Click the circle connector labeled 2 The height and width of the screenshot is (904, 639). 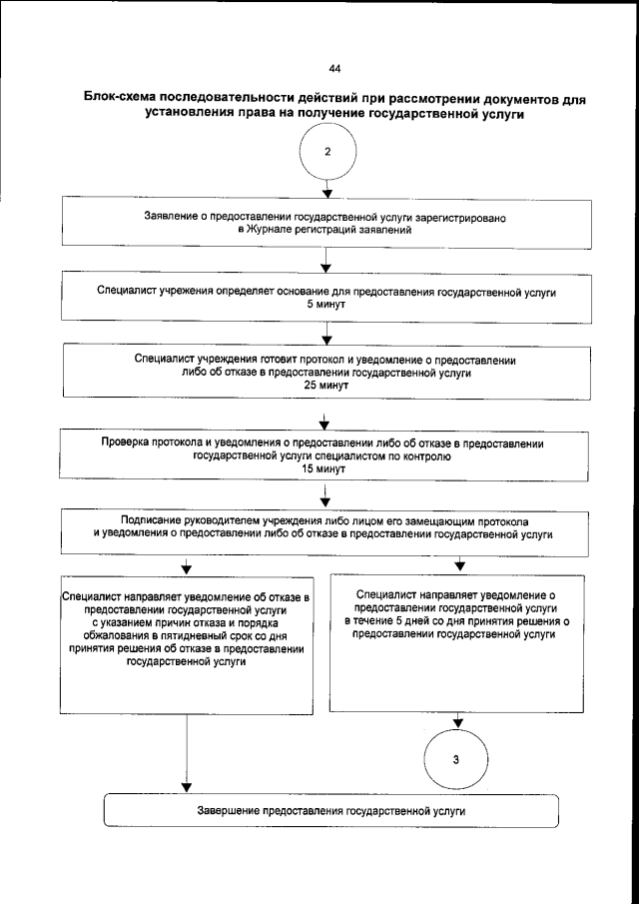[x=328, y=153]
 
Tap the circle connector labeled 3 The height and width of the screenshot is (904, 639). [x=457, y=761]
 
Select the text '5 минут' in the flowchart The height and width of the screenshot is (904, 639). [x=326, y=304]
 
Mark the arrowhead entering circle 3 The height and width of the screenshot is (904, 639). [x=458, y=721]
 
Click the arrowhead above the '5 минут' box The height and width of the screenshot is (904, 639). [x=326, y=268]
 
